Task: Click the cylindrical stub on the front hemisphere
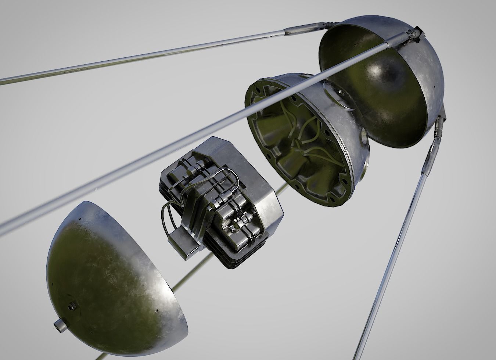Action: (x=59, y=325)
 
